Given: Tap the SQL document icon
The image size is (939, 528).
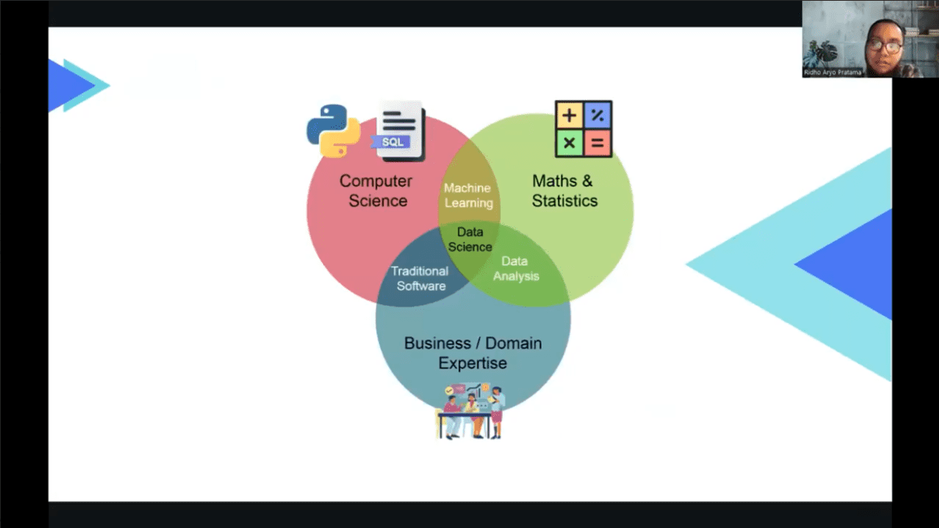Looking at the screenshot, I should point(399,131).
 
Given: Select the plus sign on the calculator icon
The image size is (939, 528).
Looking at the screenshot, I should point(569,116).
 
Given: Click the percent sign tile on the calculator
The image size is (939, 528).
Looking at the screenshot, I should point(598,116).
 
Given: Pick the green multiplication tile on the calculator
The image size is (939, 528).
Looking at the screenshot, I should point(569,143).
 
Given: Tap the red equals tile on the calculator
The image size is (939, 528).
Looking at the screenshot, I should point(598,143).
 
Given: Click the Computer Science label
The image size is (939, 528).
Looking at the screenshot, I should point(376,191).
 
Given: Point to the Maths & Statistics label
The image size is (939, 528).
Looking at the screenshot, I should point(563,191).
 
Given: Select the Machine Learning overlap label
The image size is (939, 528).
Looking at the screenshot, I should point(468,196).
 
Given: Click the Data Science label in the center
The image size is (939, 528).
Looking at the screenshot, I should point(469,239).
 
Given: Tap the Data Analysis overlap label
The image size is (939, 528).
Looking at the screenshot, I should point(515,268).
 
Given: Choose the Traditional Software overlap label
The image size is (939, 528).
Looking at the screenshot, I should point(420,278).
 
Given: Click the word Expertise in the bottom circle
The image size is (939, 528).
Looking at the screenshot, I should point(472,364).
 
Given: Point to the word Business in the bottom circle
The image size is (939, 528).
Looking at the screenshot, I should point(438,343).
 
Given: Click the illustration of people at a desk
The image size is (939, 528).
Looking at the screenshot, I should point(470,411).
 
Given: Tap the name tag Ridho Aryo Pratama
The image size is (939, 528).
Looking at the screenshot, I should point(833,73).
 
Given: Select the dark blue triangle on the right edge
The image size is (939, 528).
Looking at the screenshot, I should point(853,264).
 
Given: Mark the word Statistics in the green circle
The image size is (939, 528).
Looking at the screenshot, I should point(564,201).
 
